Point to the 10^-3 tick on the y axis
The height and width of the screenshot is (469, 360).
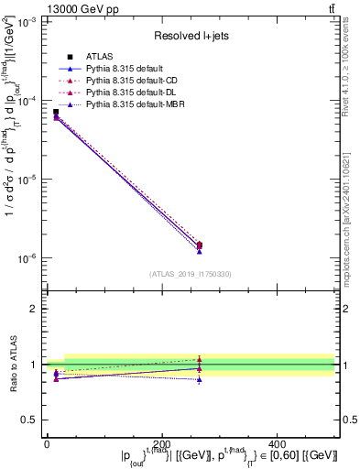point(27,22)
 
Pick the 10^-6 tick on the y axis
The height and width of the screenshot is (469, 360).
point(27,258)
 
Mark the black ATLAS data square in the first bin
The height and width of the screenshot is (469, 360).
point(56,112)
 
